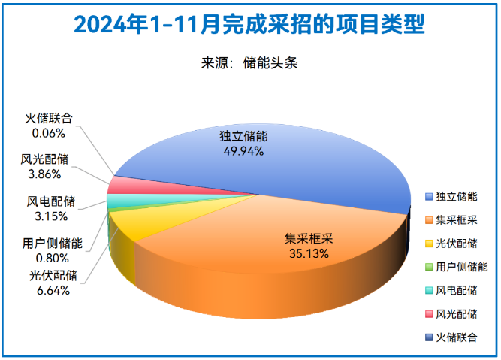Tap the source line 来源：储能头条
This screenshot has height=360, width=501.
pos(250,63)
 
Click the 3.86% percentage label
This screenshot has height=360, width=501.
pos(44,174)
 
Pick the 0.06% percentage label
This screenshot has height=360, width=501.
pos(48,132)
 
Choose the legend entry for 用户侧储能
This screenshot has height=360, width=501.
pos(461,267)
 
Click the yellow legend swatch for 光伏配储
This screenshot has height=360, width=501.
pos(429,244)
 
